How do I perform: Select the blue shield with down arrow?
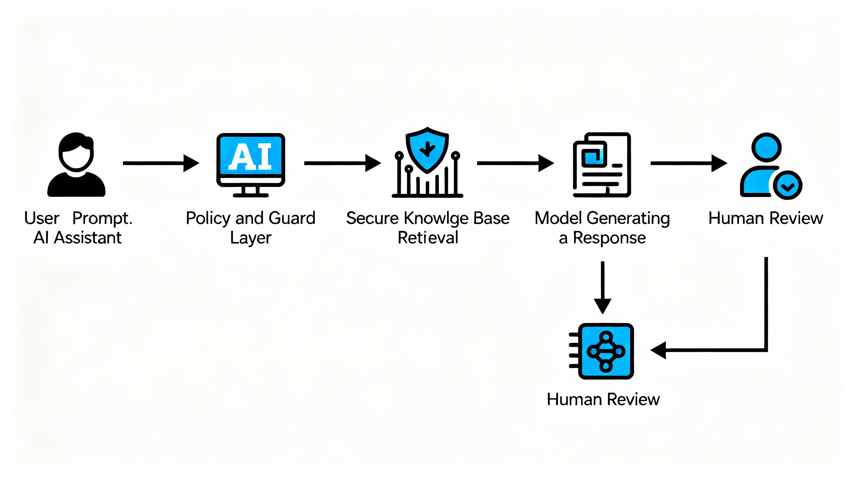[427, 150]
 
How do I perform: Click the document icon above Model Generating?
[602, 165]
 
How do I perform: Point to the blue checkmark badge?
[787, 185]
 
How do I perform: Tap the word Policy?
[208, 219]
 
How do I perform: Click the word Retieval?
[428, 238]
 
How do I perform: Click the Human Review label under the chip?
[603, 399]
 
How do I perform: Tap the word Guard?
[292, 219]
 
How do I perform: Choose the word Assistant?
[88, 238]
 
